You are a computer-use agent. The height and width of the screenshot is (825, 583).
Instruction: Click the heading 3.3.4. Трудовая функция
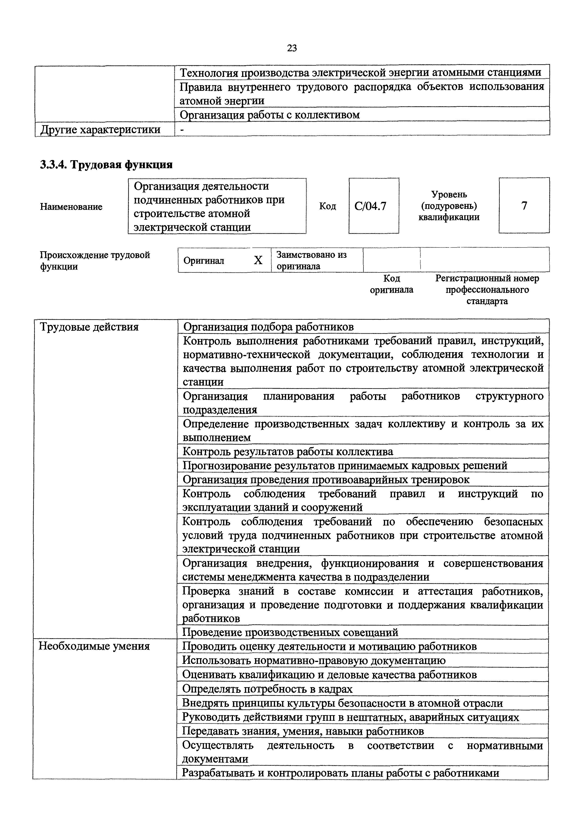[x=106, y=165]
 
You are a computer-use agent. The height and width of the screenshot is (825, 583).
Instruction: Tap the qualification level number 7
[x=524, y=206]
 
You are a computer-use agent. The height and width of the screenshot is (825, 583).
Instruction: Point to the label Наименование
[x=71, y=207]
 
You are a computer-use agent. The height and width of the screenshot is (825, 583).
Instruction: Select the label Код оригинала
[x=392, y=284]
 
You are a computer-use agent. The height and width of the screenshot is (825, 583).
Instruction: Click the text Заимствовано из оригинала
[x=311, y=260]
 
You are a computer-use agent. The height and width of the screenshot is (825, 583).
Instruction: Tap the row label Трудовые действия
[x=89, y=327]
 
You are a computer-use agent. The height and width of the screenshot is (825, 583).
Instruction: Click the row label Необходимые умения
[x=94, y=646]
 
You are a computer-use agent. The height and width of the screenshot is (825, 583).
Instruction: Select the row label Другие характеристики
[x=101, y=129]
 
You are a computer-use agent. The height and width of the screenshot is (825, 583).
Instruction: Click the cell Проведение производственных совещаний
[x=290, y=632]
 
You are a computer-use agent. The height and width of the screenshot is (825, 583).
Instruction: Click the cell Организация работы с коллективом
[x=269, y=115]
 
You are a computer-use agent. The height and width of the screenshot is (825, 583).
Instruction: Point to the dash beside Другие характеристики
[x=182, y=129]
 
